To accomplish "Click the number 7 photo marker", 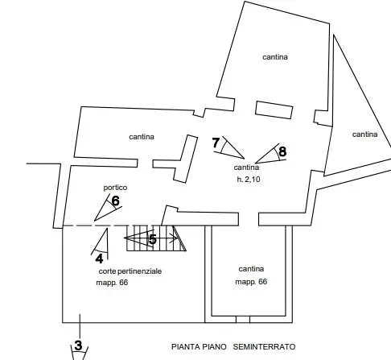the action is point(216,143).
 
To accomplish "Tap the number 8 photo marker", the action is point(282,151).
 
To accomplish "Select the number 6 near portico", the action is point(115,201).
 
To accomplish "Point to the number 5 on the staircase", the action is point(153,239).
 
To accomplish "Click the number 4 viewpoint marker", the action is point(99,259).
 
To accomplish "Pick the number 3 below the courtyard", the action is point(78,346).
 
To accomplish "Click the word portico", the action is point(115,188).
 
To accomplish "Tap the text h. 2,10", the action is point(249,180).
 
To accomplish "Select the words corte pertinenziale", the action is point(130,271).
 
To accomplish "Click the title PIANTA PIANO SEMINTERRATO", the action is point(233,346).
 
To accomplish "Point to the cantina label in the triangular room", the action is point(364,134).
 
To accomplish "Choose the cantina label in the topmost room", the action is point(275,57).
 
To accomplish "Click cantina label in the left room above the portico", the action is point(142,137).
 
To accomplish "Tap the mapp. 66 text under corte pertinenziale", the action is point(112,283).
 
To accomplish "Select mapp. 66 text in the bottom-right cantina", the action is point(251,282).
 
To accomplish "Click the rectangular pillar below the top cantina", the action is point(274,110).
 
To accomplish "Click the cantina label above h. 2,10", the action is point(246,168).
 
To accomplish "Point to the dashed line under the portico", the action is point(112,226).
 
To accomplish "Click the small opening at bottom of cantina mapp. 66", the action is point(243,320).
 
